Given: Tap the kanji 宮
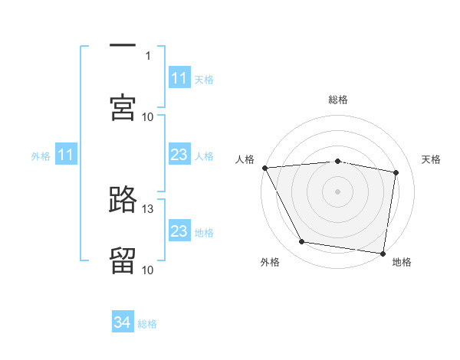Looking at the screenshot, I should coord(123,107).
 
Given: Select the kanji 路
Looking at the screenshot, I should coord(123,200).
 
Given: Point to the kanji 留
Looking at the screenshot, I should coord(123,260).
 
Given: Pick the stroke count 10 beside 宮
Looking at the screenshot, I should coord(148,116).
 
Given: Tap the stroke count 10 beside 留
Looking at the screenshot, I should coord(148,270).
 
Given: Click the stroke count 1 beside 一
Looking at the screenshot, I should coord(148,56).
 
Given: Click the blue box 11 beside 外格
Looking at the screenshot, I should coord(65,155).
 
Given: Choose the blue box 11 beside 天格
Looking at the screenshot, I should coord(179,78).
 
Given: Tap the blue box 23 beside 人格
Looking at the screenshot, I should coord(179,155).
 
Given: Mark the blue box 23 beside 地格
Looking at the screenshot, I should coord(179,231).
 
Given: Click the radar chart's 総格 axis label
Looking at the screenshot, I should coord(338,100).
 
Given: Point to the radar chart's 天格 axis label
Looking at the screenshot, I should coord(431,159).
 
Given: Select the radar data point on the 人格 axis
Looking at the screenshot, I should coord(264,168).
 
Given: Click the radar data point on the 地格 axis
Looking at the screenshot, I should coord(383,253).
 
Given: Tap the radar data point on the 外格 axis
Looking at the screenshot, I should coord(302,242).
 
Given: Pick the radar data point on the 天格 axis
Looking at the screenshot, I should coord(396,172).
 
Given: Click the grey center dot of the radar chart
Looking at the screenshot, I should coord(338,191).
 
